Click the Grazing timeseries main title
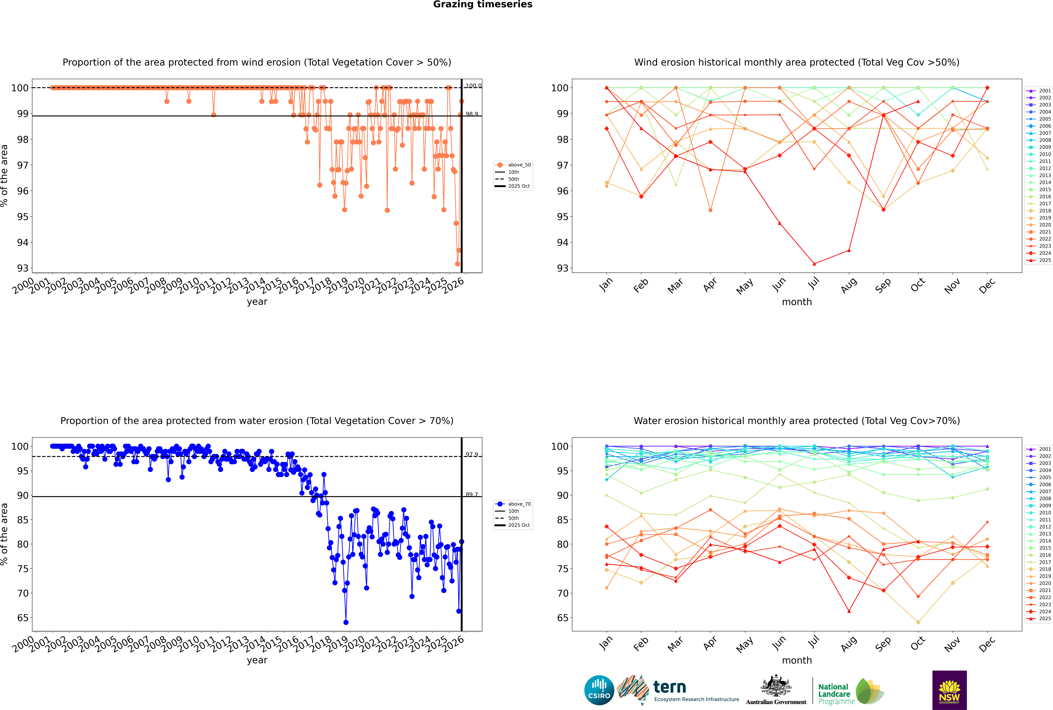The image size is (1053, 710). click(483, 4)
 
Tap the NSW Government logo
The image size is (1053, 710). click(949, 690)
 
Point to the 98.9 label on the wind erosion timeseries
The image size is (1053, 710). click(472, 114)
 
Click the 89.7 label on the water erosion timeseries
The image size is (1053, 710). click(472, 494)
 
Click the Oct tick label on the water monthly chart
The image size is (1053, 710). click(918, 643)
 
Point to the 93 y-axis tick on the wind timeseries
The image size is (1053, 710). click(23, 268)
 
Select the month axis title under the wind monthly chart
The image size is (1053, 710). click(797, 302)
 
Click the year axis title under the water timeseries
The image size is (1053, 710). click(257, 660)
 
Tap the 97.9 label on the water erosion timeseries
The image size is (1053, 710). click(472, 455)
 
